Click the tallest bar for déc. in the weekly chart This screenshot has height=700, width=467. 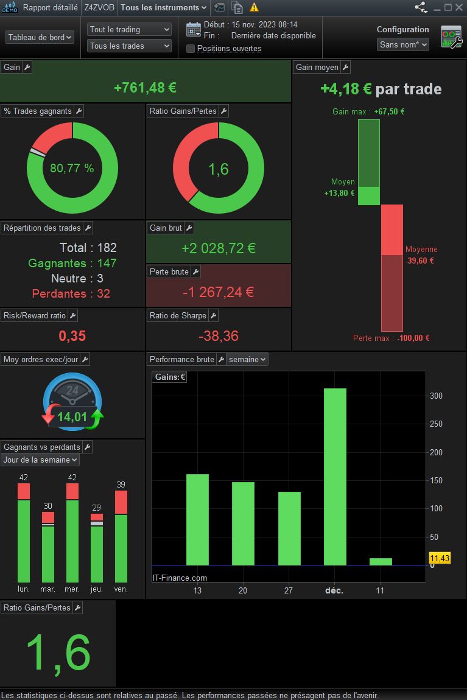(x=335, y=477)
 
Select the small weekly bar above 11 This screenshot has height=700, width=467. (x=381, y=562)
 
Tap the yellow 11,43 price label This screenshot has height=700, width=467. (x=440, y=558)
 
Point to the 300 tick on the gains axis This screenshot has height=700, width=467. (x=436, y=396)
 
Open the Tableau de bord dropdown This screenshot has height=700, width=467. (x=40, y=38)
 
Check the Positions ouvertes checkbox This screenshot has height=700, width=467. (x=191, y=49)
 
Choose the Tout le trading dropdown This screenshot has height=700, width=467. (x=129, y=29)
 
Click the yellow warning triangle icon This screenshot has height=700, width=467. (x=254, y=7)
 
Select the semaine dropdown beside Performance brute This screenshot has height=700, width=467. (x=247, y=359)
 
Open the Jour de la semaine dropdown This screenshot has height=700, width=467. (x=40, y=460)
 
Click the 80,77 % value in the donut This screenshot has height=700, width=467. (x=72, y=168)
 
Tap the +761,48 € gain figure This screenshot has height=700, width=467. (x=145, y=88)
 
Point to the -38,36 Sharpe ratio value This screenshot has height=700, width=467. (x=219, y=336)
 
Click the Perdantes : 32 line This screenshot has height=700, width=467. (x=71, y=294)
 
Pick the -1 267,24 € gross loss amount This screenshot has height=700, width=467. (x=219, y=292)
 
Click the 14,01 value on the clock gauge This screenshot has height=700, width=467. (x=72, y=417)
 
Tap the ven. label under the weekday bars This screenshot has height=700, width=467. (x=121, y=589)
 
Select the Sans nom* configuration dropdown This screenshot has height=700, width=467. (x=402, y=44)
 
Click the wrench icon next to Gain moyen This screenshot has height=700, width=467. (x=346, y=68)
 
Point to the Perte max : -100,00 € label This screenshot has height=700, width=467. (x=391, y=338)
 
